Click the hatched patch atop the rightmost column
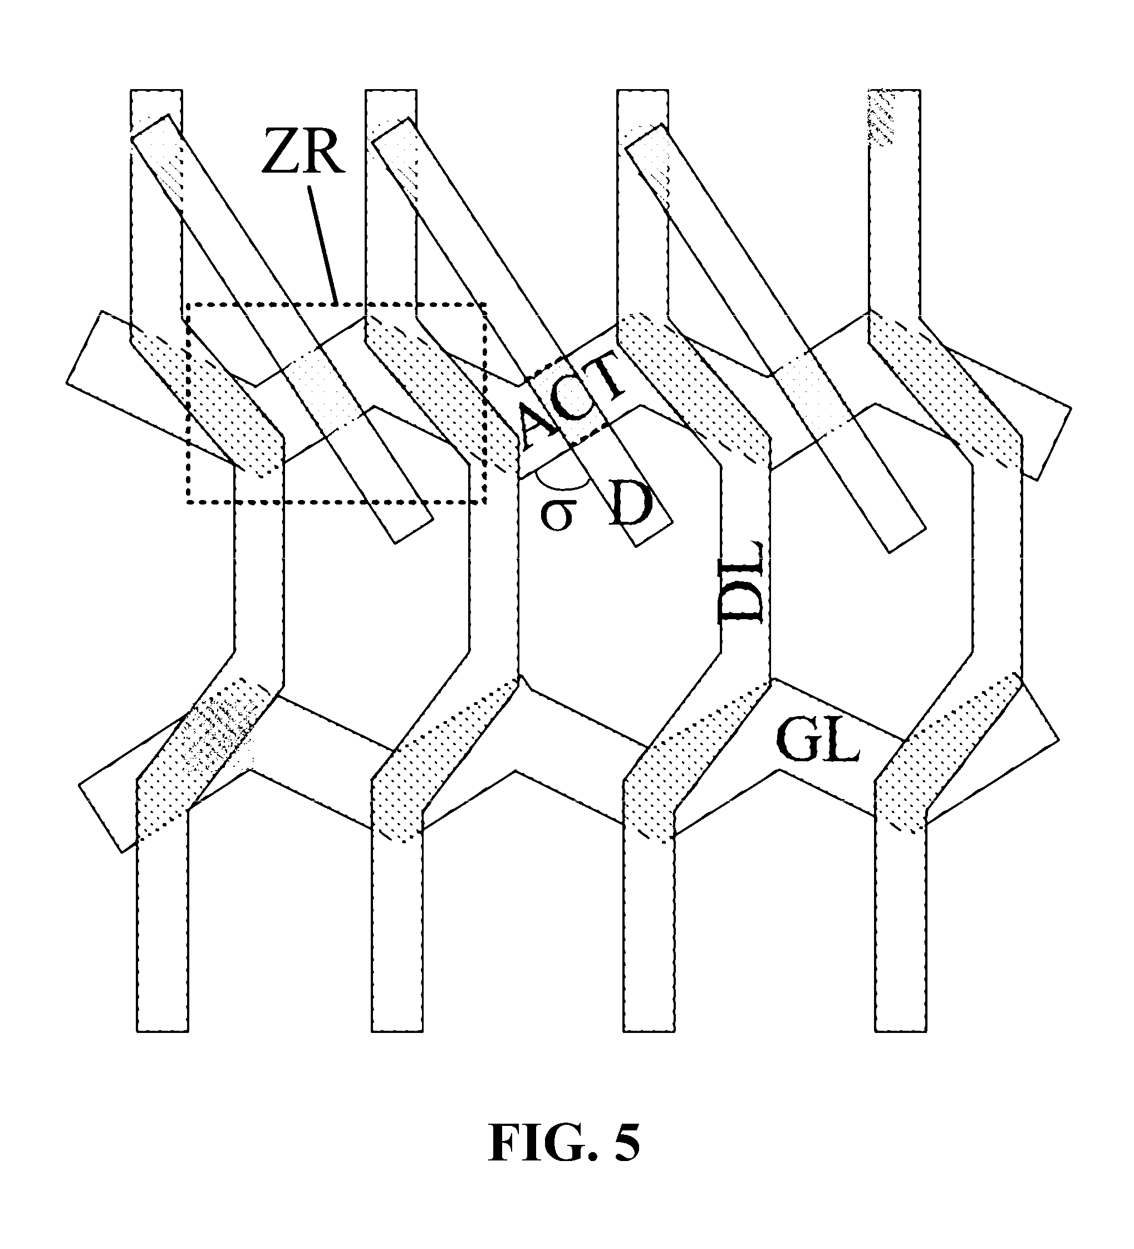click(x=881, y=117)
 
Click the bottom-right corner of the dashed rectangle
click(x=485, y=502)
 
